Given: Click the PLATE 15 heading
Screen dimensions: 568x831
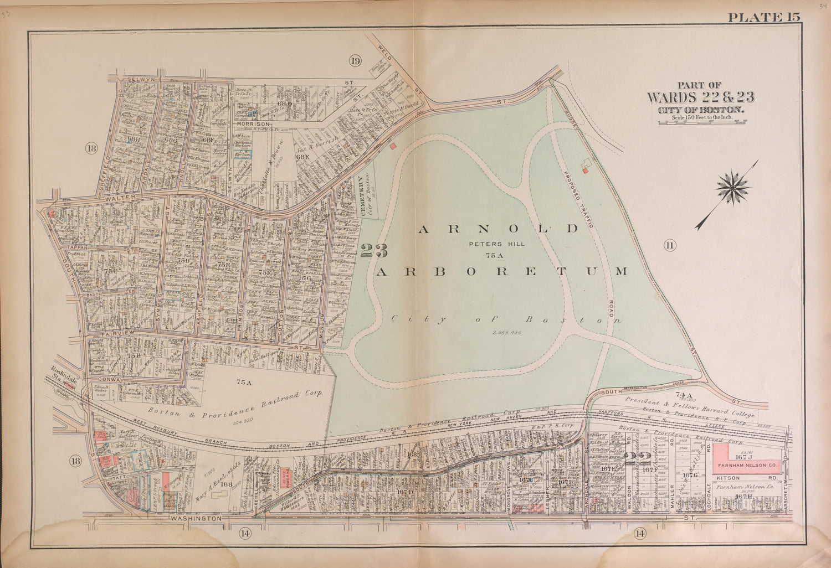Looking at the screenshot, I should tap(764, 17).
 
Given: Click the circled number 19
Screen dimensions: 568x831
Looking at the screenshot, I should tap(355, 61).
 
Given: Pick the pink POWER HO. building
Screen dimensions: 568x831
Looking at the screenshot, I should tap(286, 478).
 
